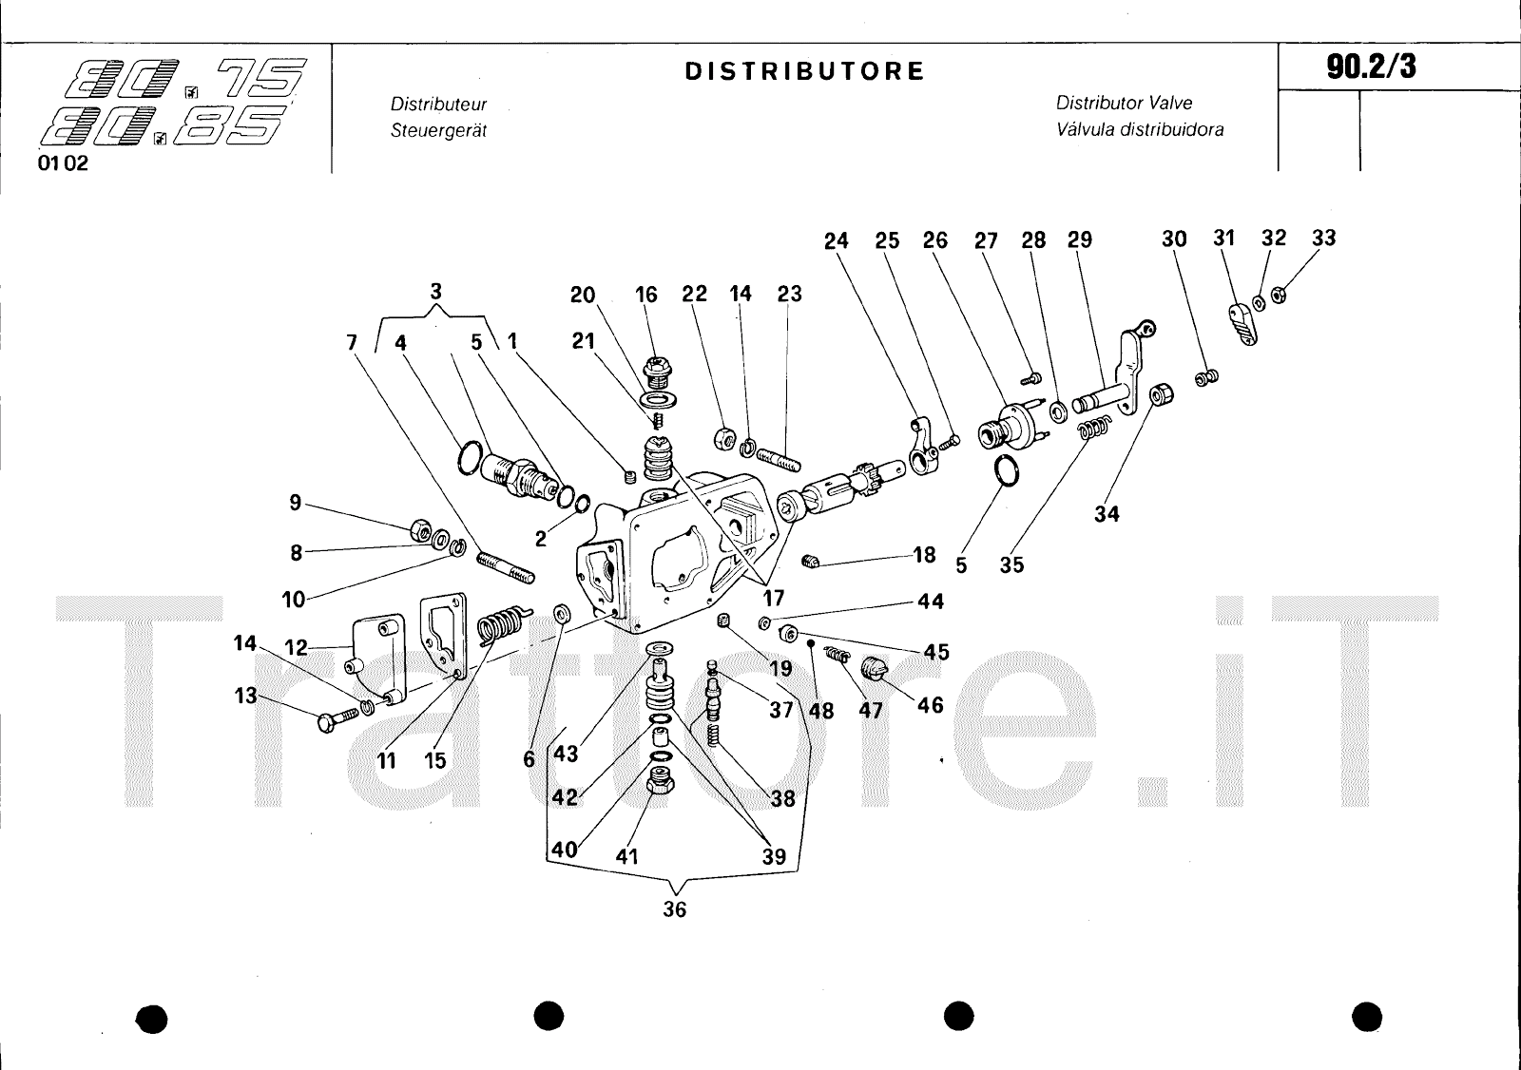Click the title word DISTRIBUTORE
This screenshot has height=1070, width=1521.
click(804, 71)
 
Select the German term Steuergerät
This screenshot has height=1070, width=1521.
click(438, 130)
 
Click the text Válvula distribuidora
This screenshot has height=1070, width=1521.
click(1140, 129)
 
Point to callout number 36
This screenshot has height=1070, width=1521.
click(674, 909)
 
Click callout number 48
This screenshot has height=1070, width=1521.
click(821, 710)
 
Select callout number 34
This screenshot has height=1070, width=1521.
click(1107, 514)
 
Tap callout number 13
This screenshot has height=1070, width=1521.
click(246, 696)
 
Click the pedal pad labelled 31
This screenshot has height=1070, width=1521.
click(1242, 323)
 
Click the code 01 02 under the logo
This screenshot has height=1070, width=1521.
click(63, 162)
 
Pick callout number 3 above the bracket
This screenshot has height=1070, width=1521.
click(435, 292)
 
